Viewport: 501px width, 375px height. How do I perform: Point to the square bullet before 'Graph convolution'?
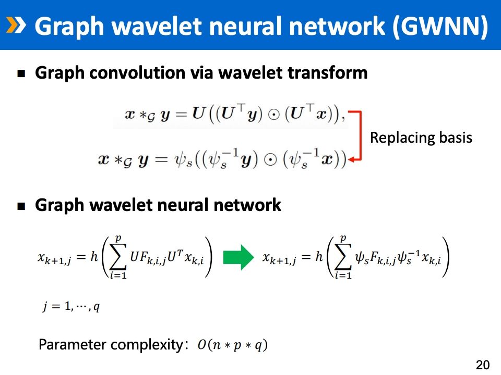tap(21, 74)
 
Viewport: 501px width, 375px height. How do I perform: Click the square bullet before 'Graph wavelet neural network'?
tap(21, 206)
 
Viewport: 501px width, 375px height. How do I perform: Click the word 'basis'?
tap(455, 138)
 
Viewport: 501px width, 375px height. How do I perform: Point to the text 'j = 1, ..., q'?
tap(71, 306)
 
